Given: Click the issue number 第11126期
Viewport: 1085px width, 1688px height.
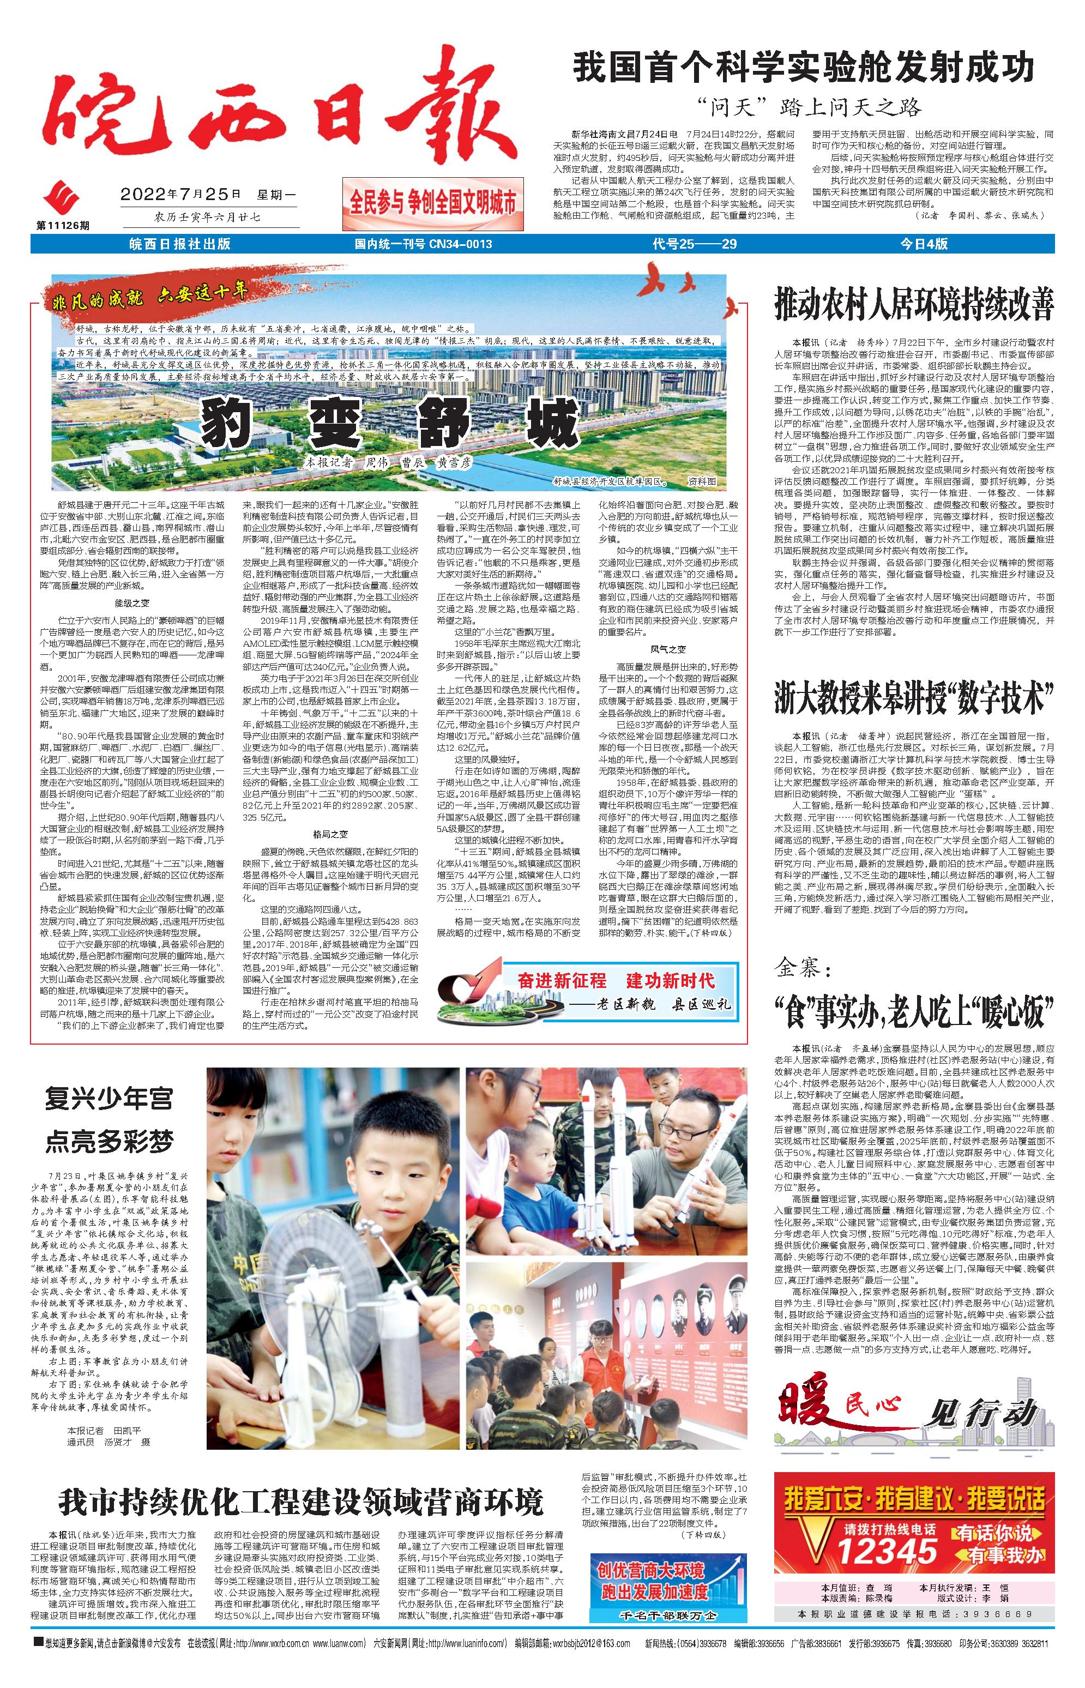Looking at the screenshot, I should pos(63,225).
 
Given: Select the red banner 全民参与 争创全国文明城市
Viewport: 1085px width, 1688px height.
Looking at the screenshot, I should pos(432,203).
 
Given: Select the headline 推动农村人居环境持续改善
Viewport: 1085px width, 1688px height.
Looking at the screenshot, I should pos(914,304).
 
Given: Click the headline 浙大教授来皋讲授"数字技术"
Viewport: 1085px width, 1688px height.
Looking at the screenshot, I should pos(914,702).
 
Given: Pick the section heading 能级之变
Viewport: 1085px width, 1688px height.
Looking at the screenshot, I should pos(132,603).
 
